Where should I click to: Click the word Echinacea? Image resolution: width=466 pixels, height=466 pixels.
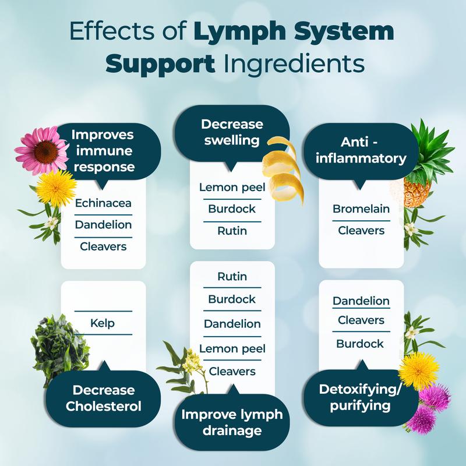point(103,203)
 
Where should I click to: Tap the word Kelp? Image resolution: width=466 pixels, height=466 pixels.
point(103,323)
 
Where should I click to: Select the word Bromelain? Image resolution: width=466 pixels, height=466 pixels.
point(361,209)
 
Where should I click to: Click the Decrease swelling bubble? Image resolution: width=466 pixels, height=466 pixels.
point(232,133)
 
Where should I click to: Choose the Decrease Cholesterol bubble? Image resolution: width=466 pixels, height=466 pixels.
point(103,398)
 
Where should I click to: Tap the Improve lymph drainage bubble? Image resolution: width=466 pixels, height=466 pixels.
point(232,422)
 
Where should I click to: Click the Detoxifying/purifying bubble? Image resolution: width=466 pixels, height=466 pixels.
point(361,397)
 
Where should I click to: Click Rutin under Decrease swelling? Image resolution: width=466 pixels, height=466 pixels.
point(232,231)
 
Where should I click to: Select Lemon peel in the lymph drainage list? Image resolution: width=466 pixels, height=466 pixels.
point(232,348)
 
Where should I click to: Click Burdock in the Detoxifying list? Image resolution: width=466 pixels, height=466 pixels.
point(360,344)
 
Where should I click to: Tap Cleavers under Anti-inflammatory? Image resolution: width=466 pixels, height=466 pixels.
point(361,231)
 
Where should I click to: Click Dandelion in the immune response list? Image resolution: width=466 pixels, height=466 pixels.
point(103,224)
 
